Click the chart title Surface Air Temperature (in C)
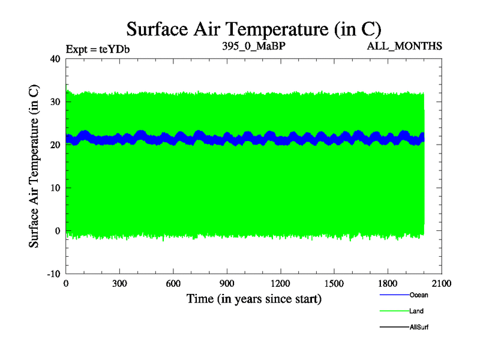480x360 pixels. [x=253, y=29]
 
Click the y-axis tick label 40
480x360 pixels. [x=55, y=59]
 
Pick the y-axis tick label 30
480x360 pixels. [x=55, y=102]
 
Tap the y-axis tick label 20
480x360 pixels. [x=55, y=145]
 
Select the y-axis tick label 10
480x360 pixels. [x=55, y=188]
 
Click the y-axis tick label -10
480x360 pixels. [x=53, y=274]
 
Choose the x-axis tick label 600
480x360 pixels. [x=173, y=284]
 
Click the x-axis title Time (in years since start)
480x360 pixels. [x=254, y=298]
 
